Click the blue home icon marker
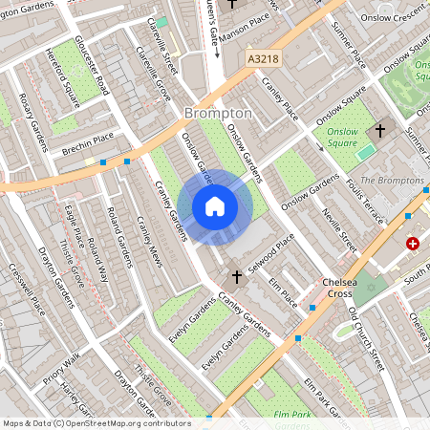[x=215, y=205]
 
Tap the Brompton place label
[x=217, y=113]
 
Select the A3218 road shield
[x=263, y=59]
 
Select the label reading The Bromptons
[x=394, y=181]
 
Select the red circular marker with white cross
[x=413, y=245]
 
